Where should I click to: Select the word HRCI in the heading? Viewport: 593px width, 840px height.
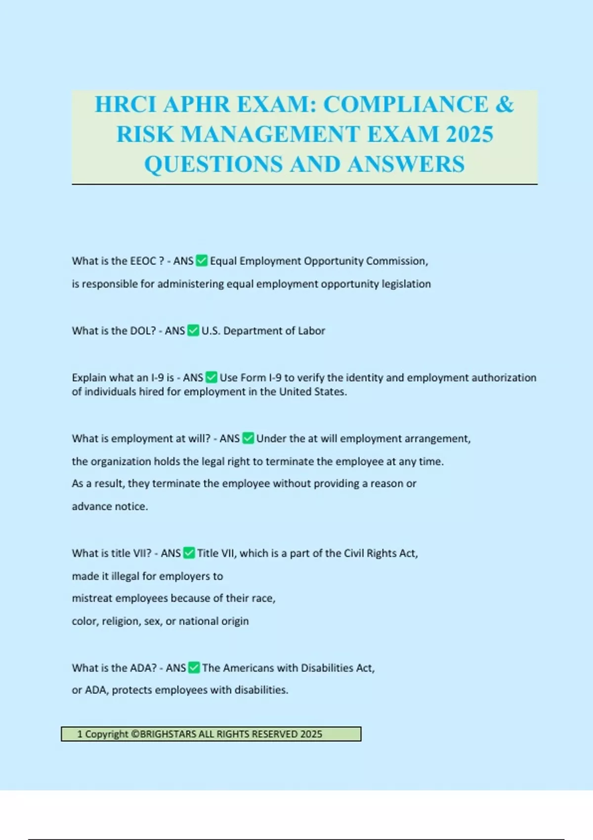126,104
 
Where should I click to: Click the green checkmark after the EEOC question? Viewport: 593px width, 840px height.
202,260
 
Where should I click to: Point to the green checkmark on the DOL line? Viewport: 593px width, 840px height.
193,330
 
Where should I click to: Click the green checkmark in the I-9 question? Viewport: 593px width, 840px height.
211,377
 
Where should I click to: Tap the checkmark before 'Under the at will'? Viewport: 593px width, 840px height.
248,438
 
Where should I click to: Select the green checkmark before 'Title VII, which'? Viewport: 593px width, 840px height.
189,552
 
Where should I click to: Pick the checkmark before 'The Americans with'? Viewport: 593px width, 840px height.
194,667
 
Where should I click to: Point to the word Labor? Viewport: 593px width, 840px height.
311,331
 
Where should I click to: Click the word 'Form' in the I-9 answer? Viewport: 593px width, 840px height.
254,378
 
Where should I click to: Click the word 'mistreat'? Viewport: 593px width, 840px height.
92,598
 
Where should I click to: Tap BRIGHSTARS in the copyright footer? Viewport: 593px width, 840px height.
168,734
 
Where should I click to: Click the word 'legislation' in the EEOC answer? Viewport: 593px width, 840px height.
406,284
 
